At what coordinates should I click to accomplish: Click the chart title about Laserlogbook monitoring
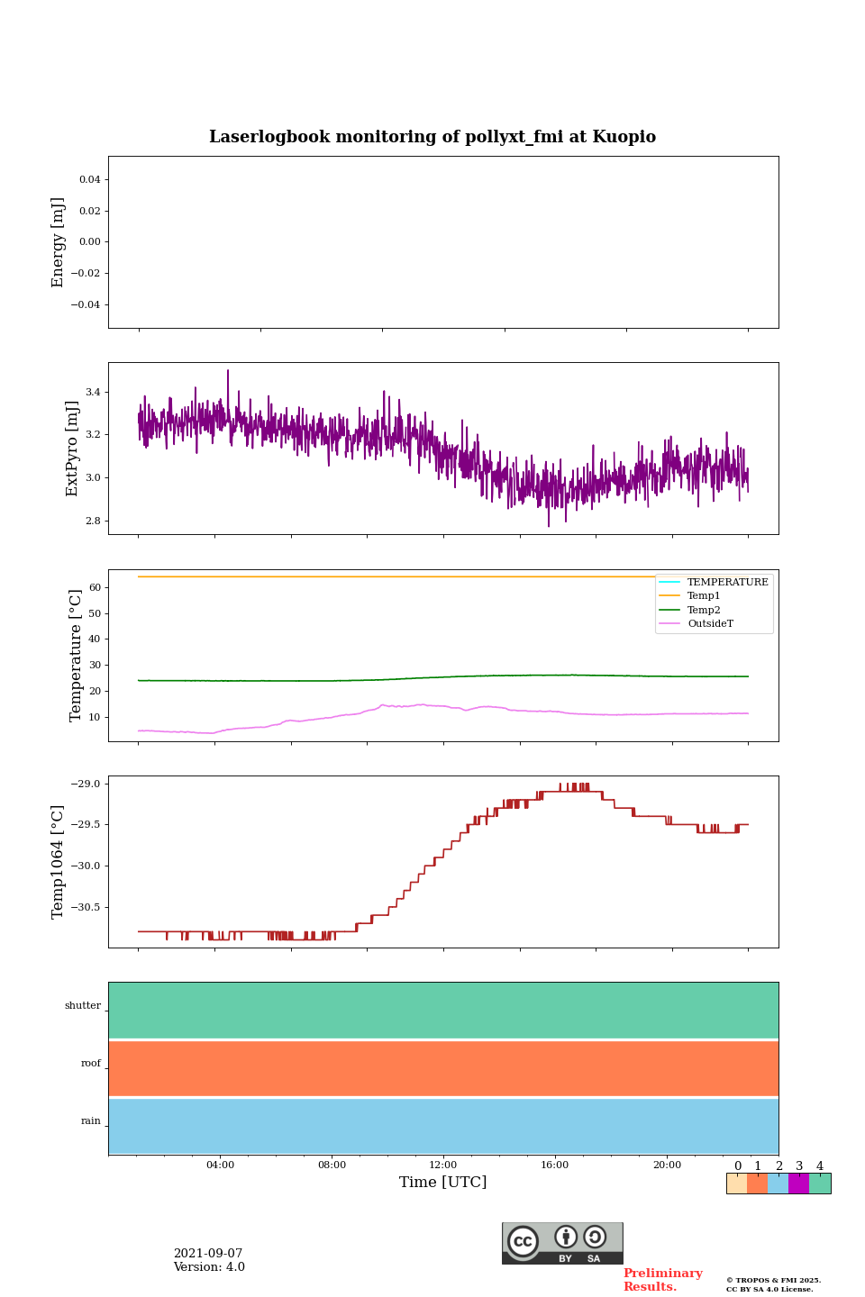(432, 137)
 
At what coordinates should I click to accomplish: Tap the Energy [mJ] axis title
(59, 242)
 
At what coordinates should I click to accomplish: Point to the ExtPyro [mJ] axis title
(72, 449)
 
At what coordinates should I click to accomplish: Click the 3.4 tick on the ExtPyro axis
(93, 393)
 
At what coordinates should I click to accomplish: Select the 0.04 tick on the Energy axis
(89, 180)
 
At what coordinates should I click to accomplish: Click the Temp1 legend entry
(704, 596)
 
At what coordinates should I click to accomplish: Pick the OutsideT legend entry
(710, 623)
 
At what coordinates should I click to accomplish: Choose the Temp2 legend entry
(704, 610)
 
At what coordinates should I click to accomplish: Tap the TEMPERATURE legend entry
(727, 583)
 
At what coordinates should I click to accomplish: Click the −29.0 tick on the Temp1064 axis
(86, 785)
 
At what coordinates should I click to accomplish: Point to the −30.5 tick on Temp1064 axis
(86, 907)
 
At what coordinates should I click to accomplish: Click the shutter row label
(83, 1006)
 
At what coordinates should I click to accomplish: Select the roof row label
(91, 1064)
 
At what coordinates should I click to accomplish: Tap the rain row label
(91, 1121)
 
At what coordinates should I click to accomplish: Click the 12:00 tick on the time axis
(443, 1165)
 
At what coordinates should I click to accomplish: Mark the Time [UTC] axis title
(443, 1183)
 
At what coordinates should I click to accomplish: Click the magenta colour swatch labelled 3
(798, 1184)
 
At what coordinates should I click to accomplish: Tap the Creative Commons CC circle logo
(523, 1241)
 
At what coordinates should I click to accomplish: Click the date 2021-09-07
(208, 1254)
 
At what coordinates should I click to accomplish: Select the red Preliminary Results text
(662, 1280)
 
